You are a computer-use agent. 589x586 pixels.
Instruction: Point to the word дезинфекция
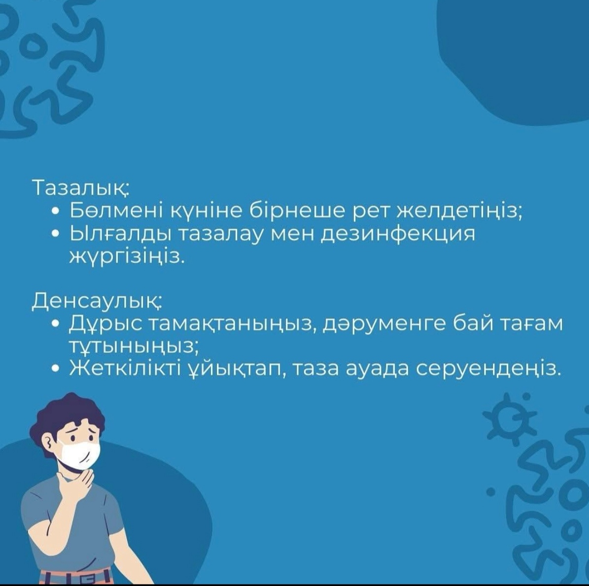point(397,235)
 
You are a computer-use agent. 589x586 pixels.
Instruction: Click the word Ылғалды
point(120,235)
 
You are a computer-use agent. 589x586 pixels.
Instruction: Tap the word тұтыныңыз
point(133,346)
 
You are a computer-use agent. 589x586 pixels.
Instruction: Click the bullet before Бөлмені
point(56,212)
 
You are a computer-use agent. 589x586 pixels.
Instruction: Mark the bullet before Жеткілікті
point(56,370)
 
